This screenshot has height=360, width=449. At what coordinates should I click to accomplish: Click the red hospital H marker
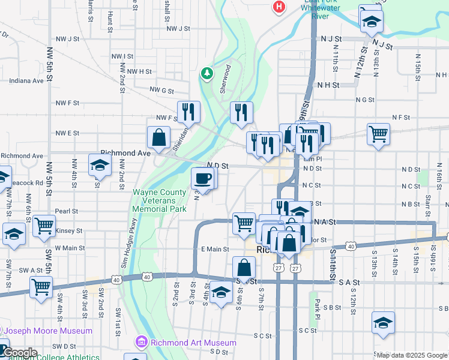(279, 7)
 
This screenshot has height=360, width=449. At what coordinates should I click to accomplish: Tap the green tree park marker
(207, 73)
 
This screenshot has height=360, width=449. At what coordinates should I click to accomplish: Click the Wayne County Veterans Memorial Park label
(159, 202)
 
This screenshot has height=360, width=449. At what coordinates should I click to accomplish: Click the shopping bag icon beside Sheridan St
(158, 137)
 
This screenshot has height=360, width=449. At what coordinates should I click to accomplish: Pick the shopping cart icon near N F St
(378, 133)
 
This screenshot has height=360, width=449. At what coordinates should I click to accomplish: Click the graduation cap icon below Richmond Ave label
(99, 164)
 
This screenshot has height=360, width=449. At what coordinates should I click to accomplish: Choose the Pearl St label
(66, 211)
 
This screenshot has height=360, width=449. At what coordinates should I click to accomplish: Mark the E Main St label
(215, 249)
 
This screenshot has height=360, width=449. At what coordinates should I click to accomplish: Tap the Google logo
(19, 352)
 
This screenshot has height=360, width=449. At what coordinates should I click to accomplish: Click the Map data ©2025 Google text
(412, 355)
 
